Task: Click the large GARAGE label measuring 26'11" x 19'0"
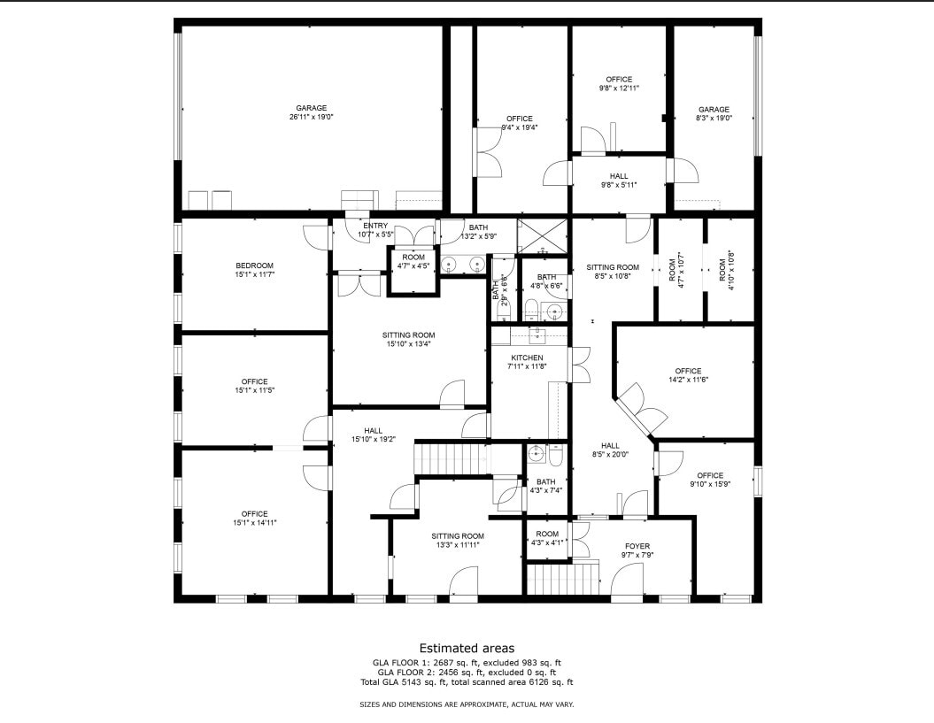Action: [311, 112]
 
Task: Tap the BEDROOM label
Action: [254, 270]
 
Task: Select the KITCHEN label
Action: [526, 362]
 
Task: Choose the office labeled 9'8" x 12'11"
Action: [619, 84]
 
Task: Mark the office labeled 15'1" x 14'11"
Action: [254, 518]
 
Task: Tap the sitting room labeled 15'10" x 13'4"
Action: [409, 340]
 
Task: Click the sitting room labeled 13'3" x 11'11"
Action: [458, 541]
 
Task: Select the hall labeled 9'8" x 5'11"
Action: [619, 181]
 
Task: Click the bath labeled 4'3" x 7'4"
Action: [545, 486]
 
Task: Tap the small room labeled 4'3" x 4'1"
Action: [547, 539]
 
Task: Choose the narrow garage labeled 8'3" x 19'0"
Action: [714, 113]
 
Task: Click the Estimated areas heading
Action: [467, 648]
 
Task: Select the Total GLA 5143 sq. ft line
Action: [467, 682]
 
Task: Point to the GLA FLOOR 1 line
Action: [467, 662]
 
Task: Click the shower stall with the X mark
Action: [542, 235]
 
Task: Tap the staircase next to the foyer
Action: [562, 581]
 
